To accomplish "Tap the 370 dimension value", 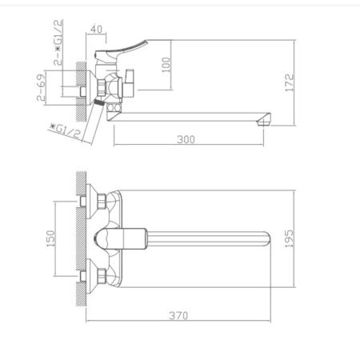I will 179,315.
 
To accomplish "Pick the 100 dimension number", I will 166,64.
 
